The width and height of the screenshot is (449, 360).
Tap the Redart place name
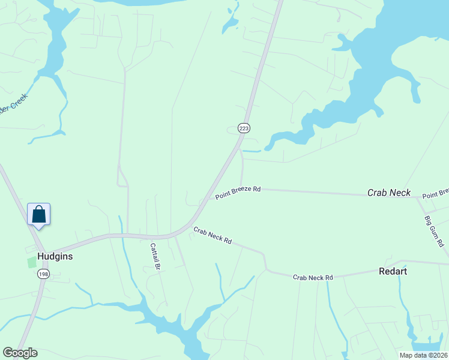click(393, 271)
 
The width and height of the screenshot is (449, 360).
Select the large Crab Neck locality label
click(389, 193)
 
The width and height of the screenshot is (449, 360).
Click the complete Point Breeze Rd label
click(238, 193)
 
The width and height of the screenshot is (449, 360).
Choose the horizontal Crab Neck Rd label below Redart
click(313, 277)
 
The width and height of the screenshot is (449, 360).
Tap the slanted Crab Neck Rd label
click(212, 235)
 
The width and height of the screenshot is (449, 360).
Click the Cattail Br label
click(154, 257)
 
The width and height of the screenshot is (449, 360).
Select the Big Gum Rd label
click(433, 232)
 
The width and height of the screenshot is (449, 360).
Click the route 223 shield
click(243, 128)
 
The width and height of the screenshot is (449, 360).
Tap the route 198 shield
click(43, 274)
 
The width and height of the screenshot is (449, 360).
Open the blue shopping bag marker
click(39, 214)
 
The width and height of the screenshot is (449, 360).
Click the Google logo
click(20, 353)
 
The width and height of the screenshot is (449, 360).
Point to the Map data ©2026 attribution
click(423, 355)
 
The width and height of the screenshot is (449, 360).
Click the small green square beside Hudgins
click(31, 263)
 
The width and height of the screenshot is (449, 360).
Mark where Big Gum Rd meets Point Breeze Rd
click(419, 197)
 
